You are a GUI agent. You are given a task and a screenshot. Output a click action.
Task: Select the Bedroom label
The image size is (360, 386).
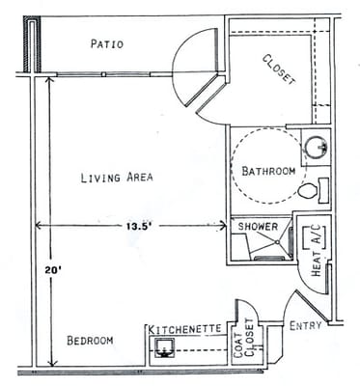point(90,341)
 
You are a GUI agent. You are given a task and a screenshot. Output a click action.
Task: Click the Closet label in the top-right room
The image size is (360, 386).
point(279,69)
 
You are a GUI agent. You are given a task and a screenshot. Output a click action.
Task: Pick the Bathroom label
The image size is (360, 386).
point(268,171)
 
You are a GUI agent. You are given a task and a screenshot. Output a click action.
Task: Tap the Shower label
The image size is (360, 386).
point(258,227)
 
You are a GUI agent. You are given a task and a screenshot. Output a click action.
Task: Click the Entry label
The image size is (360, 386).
point(306,325)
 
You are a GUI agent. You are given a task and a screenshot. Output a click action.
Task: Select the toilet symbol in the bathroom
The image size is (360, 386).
point(310,191)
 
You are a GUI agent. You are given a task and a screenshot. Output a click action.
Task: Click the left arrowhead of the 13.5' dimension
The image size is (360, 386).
point(40,226)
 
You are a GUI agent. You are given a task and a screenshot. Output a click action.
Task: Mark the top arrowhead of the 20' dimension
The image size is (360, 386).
point(48,82)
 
